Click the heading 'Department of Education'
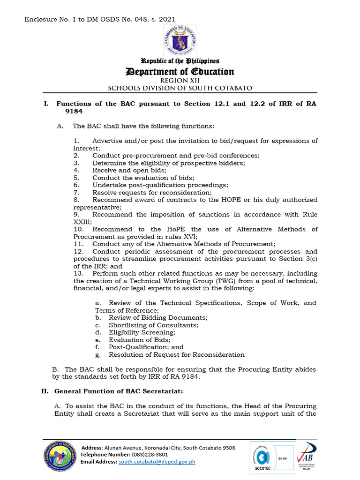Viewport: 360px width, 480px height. (x=180, y=72)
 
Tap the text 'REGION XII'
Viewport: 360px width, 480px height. (x=180, y=81)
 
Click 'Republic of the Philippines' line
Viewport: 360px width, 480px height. (x=180, y=61)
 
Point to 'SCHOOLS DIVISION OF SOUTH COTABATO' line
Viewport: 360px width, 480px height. (x=180, y=88)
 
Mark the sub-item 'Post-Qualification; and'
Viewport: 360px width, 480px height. (x=146, y=347)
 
